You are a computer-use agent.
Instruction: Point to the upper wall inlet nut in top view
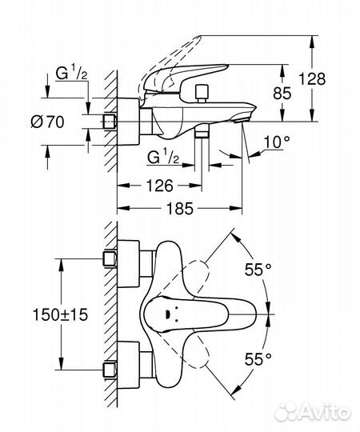pos(111,259)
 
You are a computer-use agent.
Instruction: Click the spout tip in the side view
pos(244,118)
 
